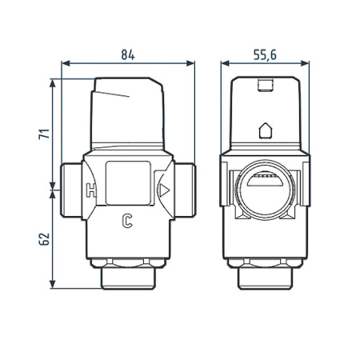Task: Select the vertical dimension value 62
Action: pyautogui.click(x=45, y=238)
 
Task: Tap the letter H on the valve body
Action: pyautogui.click(x=90, y=192)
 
